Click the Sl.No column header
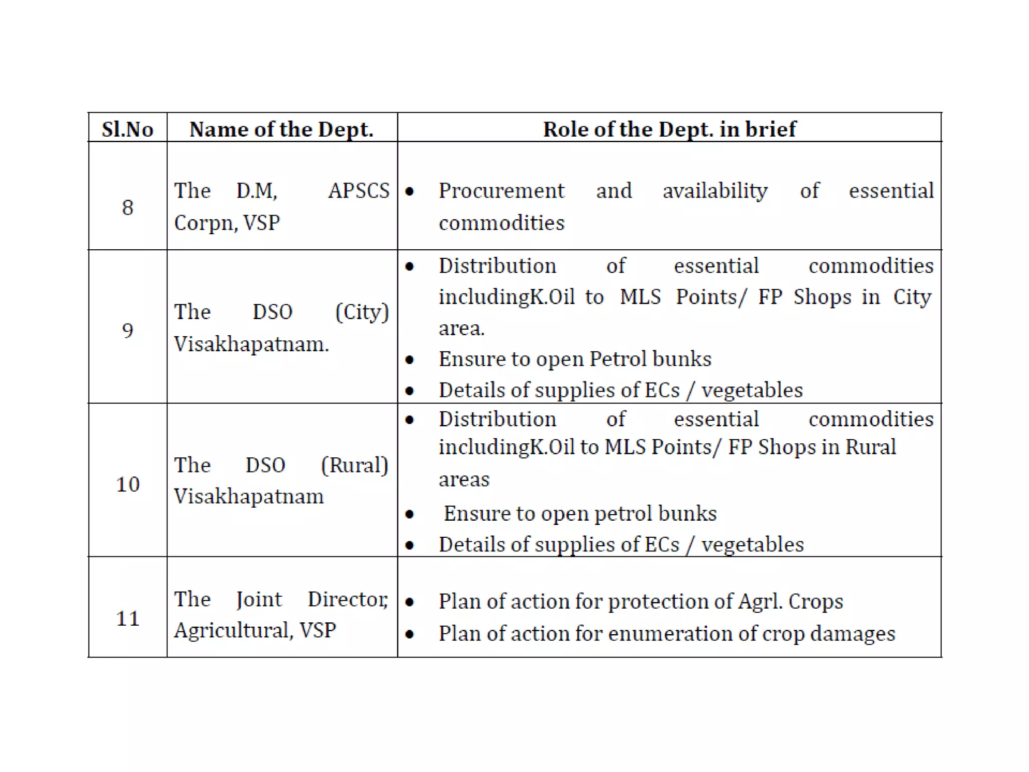click(x=128, y=129)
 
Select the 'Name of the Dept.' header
click(x=281, y=129)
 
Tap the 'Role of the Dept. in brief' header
click(x=669, y=129)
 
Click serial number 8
click(x=128, y=207)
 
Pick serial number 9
click(x=128, y=330)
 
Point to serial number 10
click(x=128, y=484)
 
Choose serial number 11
click(x=128, y=618)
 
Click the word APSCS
click(x=359, y=191)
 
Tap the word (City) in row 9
click(x=362, y=312)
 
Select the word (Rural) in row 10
click(x=355, y=465)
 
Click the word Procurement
click(x=501, y=191)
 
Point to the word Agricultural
click(x=233, y=630)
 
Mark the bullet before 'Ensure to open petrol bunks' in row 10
click(x=409, y=514)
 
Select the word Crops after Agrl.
click(x=815, y=601)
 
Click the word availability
click(x=715, y=191)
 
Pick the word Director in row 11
click(x=348, y=599)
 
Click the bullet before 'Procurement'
click(x=409, y=191)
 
